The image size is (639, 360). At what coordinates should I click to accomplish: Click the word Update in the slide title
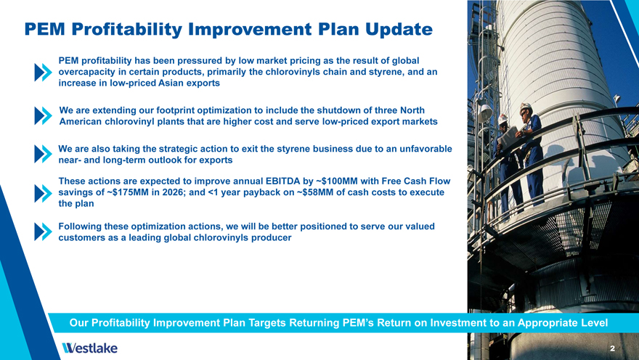pyautogui.click(x=399, y=29)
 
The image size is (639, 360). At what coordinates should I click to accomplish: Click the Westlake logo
pyautogui.click(x=89, y=348)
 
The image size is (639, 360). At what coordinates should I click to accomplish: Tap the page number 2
pyautogui.click(x=612, y=348)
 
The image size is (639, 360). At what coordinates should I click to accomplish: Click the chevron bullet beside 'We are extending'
pyautogui.click(x=43, y=115)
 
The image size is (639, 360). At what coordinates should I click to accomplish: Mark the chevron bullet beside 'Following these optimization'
pyautogui.click(x=43, y=232)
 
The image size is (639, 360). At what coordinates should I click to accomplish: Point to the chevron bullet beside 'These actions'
pyautogui.click(x=43, y=194)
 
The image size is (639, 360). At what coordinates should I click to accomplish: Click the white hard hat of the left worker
pyautogui.click(x=503, y=118)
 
